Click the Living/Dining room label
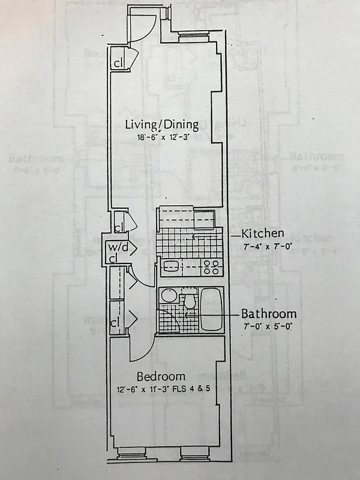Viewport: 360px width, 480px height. pos(161,125)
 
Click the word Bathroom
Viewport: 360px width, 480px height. pos(268,314)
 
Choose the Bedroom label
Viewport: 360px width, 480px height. pos(160,377)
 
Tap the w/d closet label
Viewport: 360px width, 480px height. pos(114,247)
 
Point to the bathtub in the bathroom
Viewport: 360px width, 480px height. pos(211,310)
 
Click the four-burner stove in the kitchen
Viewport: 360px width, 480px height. pos(211,266)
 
